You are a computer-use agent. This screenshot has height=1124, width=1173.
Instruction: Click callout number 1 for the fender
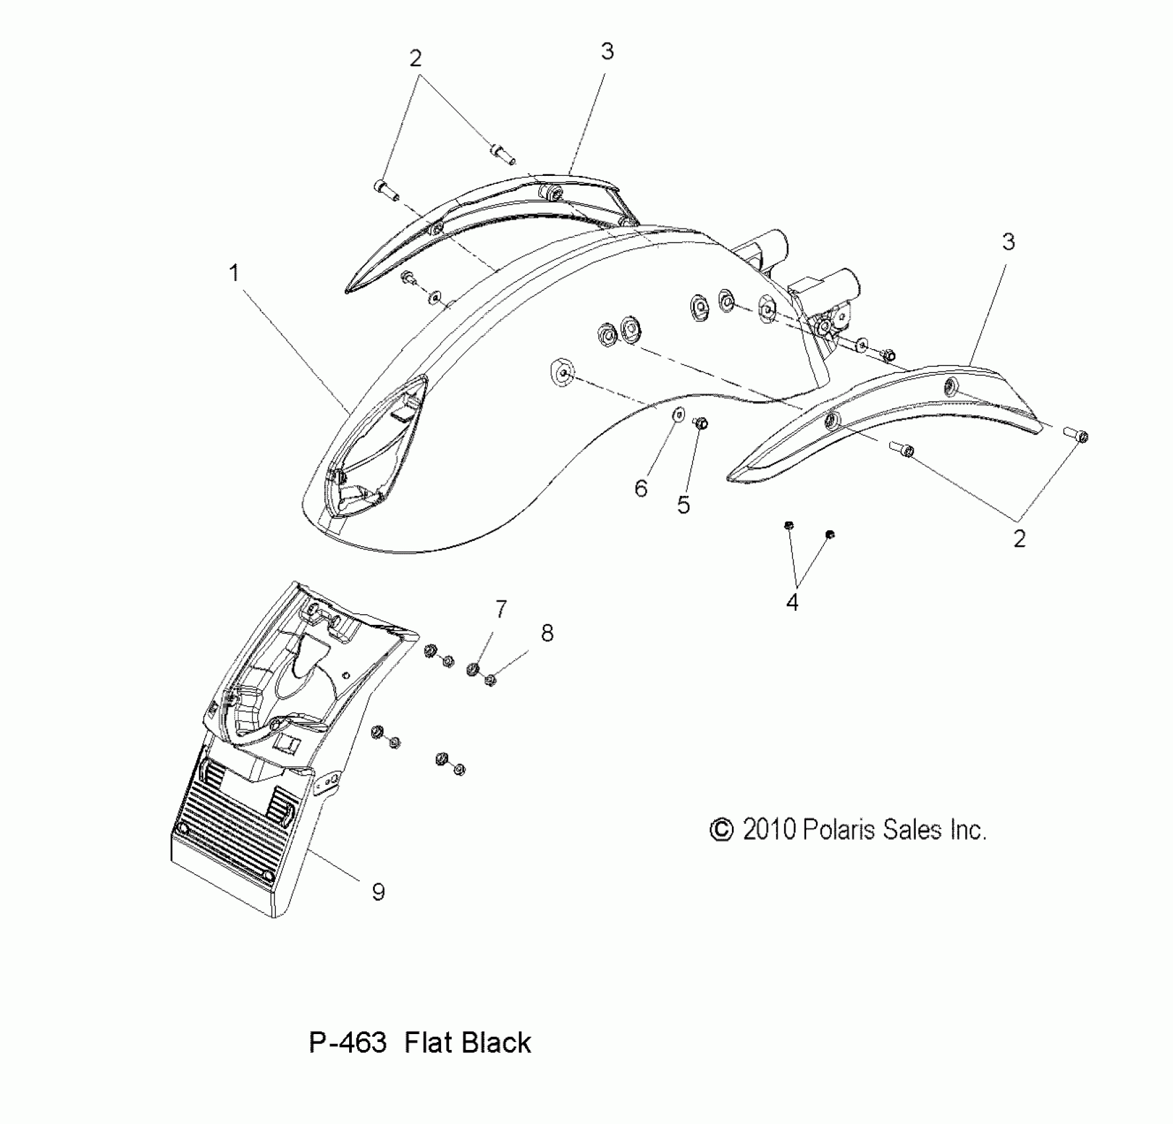pyautogui.click(x=234, y=272)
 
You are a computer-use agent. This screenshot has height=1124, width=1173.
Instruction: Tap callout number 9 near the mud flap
pyautogui.click(x=378, y=892)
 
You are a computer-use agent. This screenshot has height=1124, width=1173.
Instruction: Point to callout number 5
pyautogui.click(x=684, y=505)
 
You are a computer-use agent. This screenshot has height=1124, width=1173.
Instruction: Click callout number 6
pyautogui.click(x=641, y=489)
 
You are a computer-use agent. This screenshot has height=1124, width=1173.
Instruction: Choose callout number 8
pyautogui.click(x=547, y=633)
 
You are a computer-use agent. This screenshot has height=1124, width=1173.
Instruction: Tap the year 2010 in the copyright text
pyautogui.click(x=769, y=830)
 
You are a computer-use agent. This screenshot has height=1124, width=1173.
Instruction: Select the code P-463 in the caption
pyautogui.click(x=348, y=1043)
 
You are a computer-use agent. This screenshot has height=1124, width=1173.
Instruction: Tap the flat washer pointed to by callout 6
pyautogui.click(x=677, y=415)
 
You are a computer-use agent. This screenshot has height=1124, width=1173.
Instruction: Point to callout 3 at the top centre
pyautogui.click(x=607, y=51)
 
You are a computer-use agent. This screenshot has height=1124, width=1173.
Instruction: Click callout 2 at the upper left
pyautogui.click(x=415, y=58)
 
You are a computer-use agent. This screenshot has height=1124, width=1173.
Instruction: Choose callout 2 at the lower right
pyautogui.click(x=1019, y=539)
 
